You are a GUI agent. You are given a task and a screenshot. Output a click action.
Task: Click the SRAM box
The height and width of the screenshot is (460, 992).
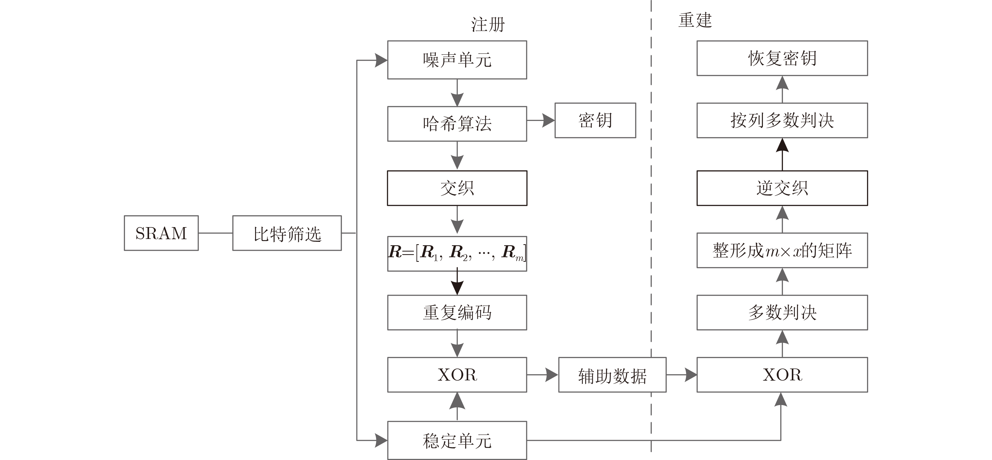click(161, 233)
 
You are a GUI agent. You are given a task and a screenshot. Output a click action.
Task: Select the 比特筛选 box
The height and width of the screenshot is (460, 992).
click(287, 233)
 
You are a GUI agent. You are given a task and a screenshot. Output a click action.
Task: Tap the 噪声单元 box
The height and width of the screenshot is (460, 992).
click(457, 60)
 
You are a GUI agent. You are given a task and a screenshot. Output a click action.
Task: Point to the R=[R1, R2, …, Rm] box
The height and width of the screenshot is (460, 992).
click(457, 253)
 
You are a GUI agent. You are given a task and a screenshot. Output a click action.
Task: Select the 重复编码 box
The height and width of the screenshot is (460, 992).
click(457, 312)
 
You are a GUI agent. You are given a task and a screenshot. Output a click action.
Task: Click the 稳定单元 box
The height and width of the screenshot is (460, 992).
click(457, 440)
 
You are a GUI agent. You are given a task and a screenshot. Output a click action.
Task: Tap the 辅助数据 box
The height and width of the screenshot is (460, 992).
click(612, 375)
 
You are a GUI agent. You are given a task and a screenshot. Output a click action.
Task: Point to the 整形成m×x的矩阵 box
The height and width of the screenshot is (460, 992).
click(782, 250)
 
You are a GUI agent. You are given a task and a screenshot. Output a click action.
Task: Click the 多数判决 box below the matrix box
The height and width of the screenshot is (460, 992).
click(782, 312)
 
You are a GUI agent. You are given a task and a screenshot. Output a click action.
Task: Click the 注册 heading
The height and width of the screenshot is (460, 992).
click(488, 24)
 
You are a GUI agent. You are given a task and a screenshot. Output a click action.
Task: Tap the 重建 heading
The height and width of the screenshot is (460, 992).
click(695, 20)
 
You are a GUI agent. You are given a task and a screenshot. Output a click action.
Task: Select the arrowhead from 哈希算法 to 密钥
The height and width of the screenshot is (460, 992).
click(548, 120)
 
